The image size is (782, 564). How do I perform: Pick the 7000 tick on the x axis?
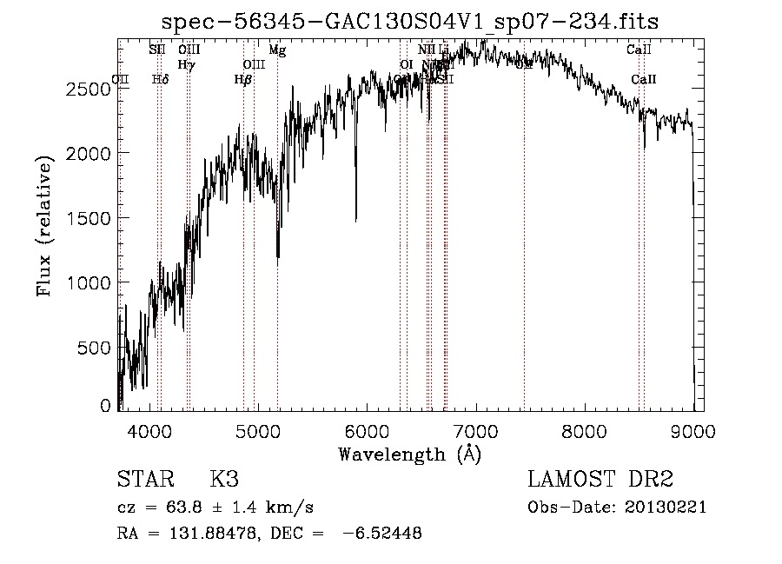[x=476, y=429]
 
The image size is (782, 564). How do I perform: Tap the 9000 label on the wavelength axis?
[x=693, y=429]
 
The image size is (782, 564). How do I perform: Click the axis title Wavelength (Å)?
[x=409, y=454]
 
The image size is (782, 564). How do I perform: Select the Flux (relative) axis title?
[x=44, y=227]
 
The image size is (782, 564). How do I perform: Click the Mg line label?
[x=277, y=50]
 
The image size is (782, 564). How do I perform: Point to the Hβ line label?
[x=242, y=79]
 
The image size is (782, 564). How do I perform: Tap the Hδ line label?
[x=160, y=79]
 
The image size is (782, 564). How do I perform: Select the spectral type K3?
[x=224, y=480]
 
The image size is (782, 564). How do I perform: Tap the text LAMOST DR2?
[x=600, y=480]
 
